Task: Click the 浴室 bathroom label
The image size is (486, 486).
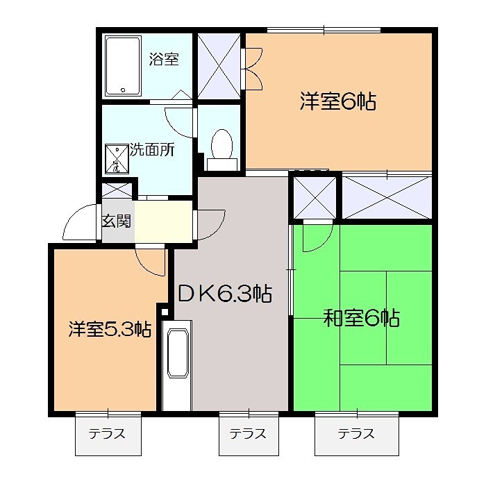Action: coord(164,60)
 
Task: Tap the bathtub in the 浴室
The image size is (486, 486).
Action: coord(124,67)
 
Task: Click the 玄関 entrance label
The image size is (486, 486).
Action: coord(116,221)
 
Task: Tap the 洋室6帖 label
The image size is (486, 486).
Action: coord(337,103)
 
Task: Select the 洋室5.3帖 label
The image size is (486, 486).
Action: coord(110,329)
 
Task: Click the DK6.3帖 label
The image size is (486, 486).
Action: coord(224,294)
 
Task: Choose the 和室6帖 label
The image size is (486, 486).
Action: coord(361,319)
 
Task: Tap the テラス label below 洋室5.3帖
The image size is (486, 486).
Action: coord(107,435)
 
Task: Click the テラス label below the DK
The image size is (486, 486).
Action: coord(248,435)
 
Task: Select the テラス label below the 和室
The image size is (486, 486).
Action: coord(356,435)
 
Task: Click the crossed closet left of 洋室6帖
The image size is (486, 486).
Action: coord(219,64)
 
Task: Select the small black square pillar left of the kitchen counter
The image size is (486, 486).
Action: coord(164,312)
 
